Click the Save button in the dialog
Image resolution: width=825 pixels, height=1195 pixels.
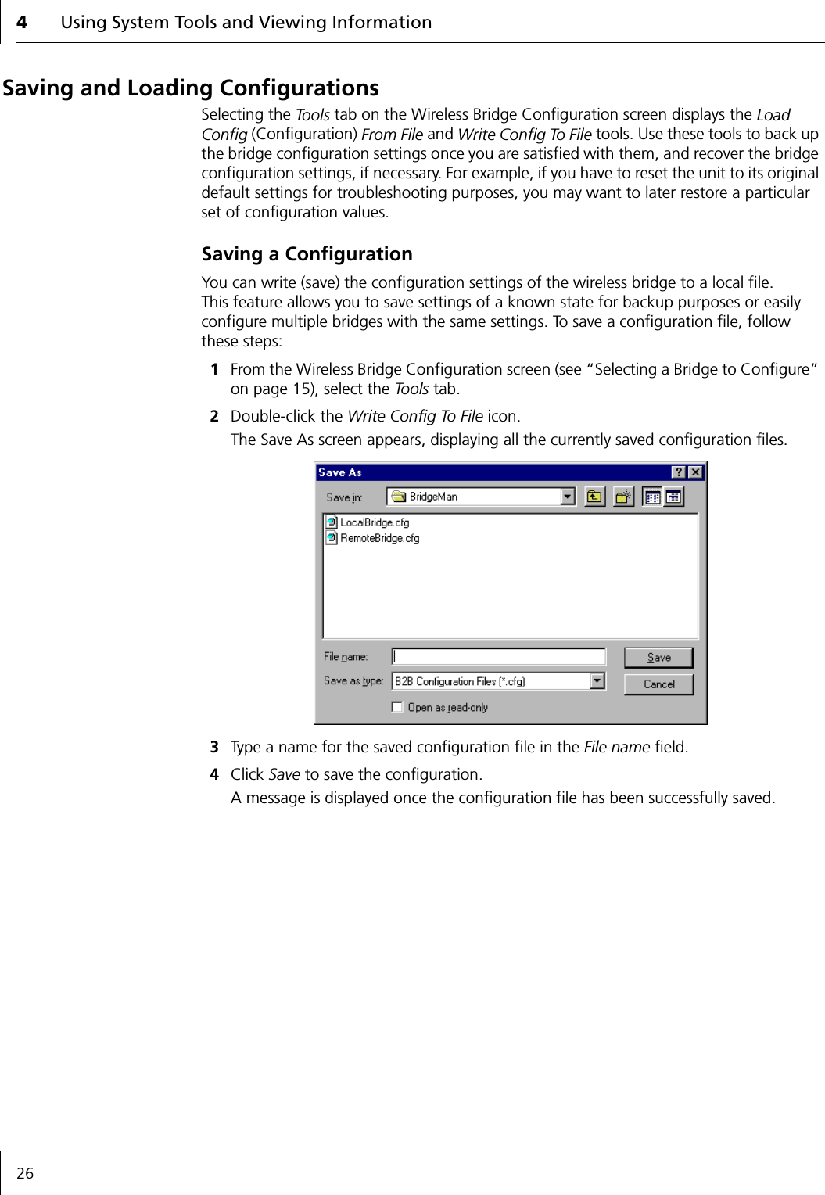[x=658, y=658]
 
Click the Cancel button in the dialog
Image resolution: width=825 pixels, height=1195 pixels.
[x=658, y=684]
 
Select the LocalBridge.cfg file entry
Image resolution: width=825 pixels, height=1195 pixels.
[x=374, y=522]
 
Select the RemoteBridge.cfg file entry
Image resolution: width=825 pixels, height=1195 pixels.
[x=379, y=538]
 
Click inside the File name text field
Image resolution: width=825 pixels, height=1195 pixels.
[x=498, y=657]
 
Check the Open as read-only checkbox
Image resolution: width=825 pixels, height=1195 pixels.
[x=397, y=707]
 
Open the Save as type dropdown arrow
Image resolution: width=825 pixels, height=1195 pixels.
[x=597, y=681]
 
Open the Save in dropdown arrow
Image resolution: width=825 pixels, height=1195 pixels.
[x=568, y=497]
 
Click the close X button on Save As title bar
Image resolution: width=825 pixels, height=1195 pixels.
[x=695, y=472]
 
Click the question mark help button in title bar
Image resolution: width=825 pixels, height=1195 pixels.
[x=678, y=472]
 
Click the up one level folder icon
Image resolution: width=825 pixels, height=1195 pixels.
[x=595, y=497]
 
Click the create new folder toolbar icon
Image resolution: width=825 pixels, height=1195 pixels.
[x=623, y=497]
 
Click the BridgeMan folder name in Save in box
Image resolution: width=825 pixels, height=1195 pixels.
[x=433, y=497]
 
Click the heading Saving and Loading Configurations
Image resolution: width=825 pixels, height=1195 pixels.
[x=191, y=88]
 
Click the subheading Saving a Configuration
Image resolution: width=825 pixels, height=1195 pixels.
[x=307, y=254]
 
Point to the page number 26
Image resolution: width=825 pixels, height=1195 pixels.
[x=25, y=1173]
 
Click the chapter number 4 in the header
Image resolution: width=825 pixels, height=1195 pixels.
[x=22, y=23]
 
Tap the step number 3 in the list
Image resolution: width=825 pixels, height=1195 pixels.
[x=214, y=747]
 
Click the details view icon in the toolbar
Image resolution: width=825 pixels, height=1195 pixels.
[x=673, y=497]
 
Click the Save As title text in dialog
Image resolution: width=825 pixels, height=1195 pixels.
[x=340, y=472]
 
